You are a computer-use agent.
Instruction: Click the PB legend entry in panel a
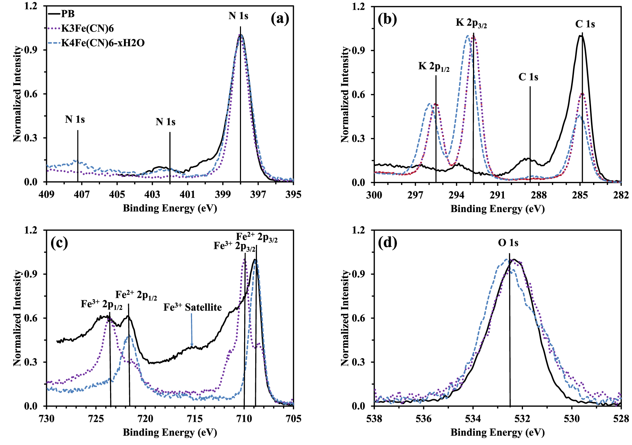[x=68, y=14]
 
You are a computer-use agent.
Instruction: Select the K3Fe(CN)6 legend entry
[x=87, y=28]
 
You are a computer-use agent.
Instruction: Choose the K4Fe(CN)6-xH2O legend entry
[x=102, y=43]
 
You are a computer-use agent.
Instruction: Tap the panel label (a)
[x=280, y=19]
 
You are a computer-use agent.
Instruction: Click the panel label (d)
[x=387, y=243]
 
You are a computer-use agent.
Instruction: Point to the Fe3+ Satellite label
[x=192, y=307]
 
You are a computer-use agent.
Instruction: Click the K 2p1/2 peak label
[x=434, y=66]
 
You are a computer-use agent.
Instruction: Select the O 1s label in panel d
[x=508, y=243]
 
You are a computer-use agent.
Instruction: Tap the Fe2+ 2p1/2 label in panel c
[x=136, y=295]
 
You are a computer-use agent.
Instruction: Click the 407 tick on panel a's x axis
[x=82, y=194]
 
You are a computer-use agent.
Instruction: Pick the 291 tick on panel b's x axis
[x=497, y=195]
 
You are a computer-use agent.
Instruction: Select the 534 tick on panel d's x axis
[x=473, y=419]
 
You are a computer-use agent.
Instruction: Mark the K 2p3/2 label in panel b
[x=471, y=23]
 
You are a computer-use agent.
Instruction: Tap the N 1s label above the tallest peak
[x=238, y=16]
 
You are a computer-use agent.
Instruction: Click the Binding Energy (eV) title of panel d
[x=497, y=433]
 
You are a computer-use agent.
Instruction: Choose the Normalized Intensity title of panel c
[x=17, y=318]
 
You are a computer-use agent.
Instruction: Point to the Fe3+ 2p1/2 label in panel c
[x=101, y=304]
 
